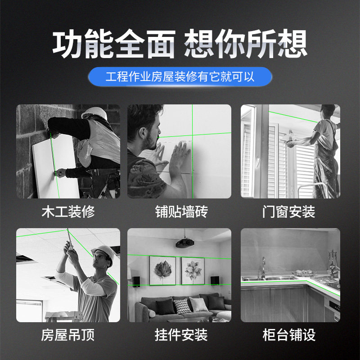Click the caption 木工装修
[x=68, y=211]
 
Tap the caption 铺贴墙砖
[x=181, y=211]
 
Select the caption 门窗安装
[x=288, y=211]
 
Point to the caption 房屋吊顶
[x=68, y=335]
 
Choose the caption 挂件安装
[x=181, y=335]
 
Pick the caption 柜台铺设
[x=289, y=335]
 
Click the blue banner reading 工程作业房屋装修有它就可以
[x=180, y=76]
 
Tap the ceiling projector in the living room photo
[x=185, y=243]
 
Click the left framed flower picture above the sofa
[x=162, y=270]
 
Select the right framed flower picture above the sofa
[x=193, y=271]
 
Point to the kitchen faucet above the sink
[x=264, y=267]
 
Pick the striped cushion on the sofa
[x=183, y=306]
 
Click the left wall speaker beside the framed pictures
[x=136, y=282]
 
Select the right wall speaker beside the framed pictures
[x=215, y=280]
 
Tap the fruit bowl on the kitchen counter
[x=304, y=273]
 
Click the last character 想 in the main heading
[x=292, y=44]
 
